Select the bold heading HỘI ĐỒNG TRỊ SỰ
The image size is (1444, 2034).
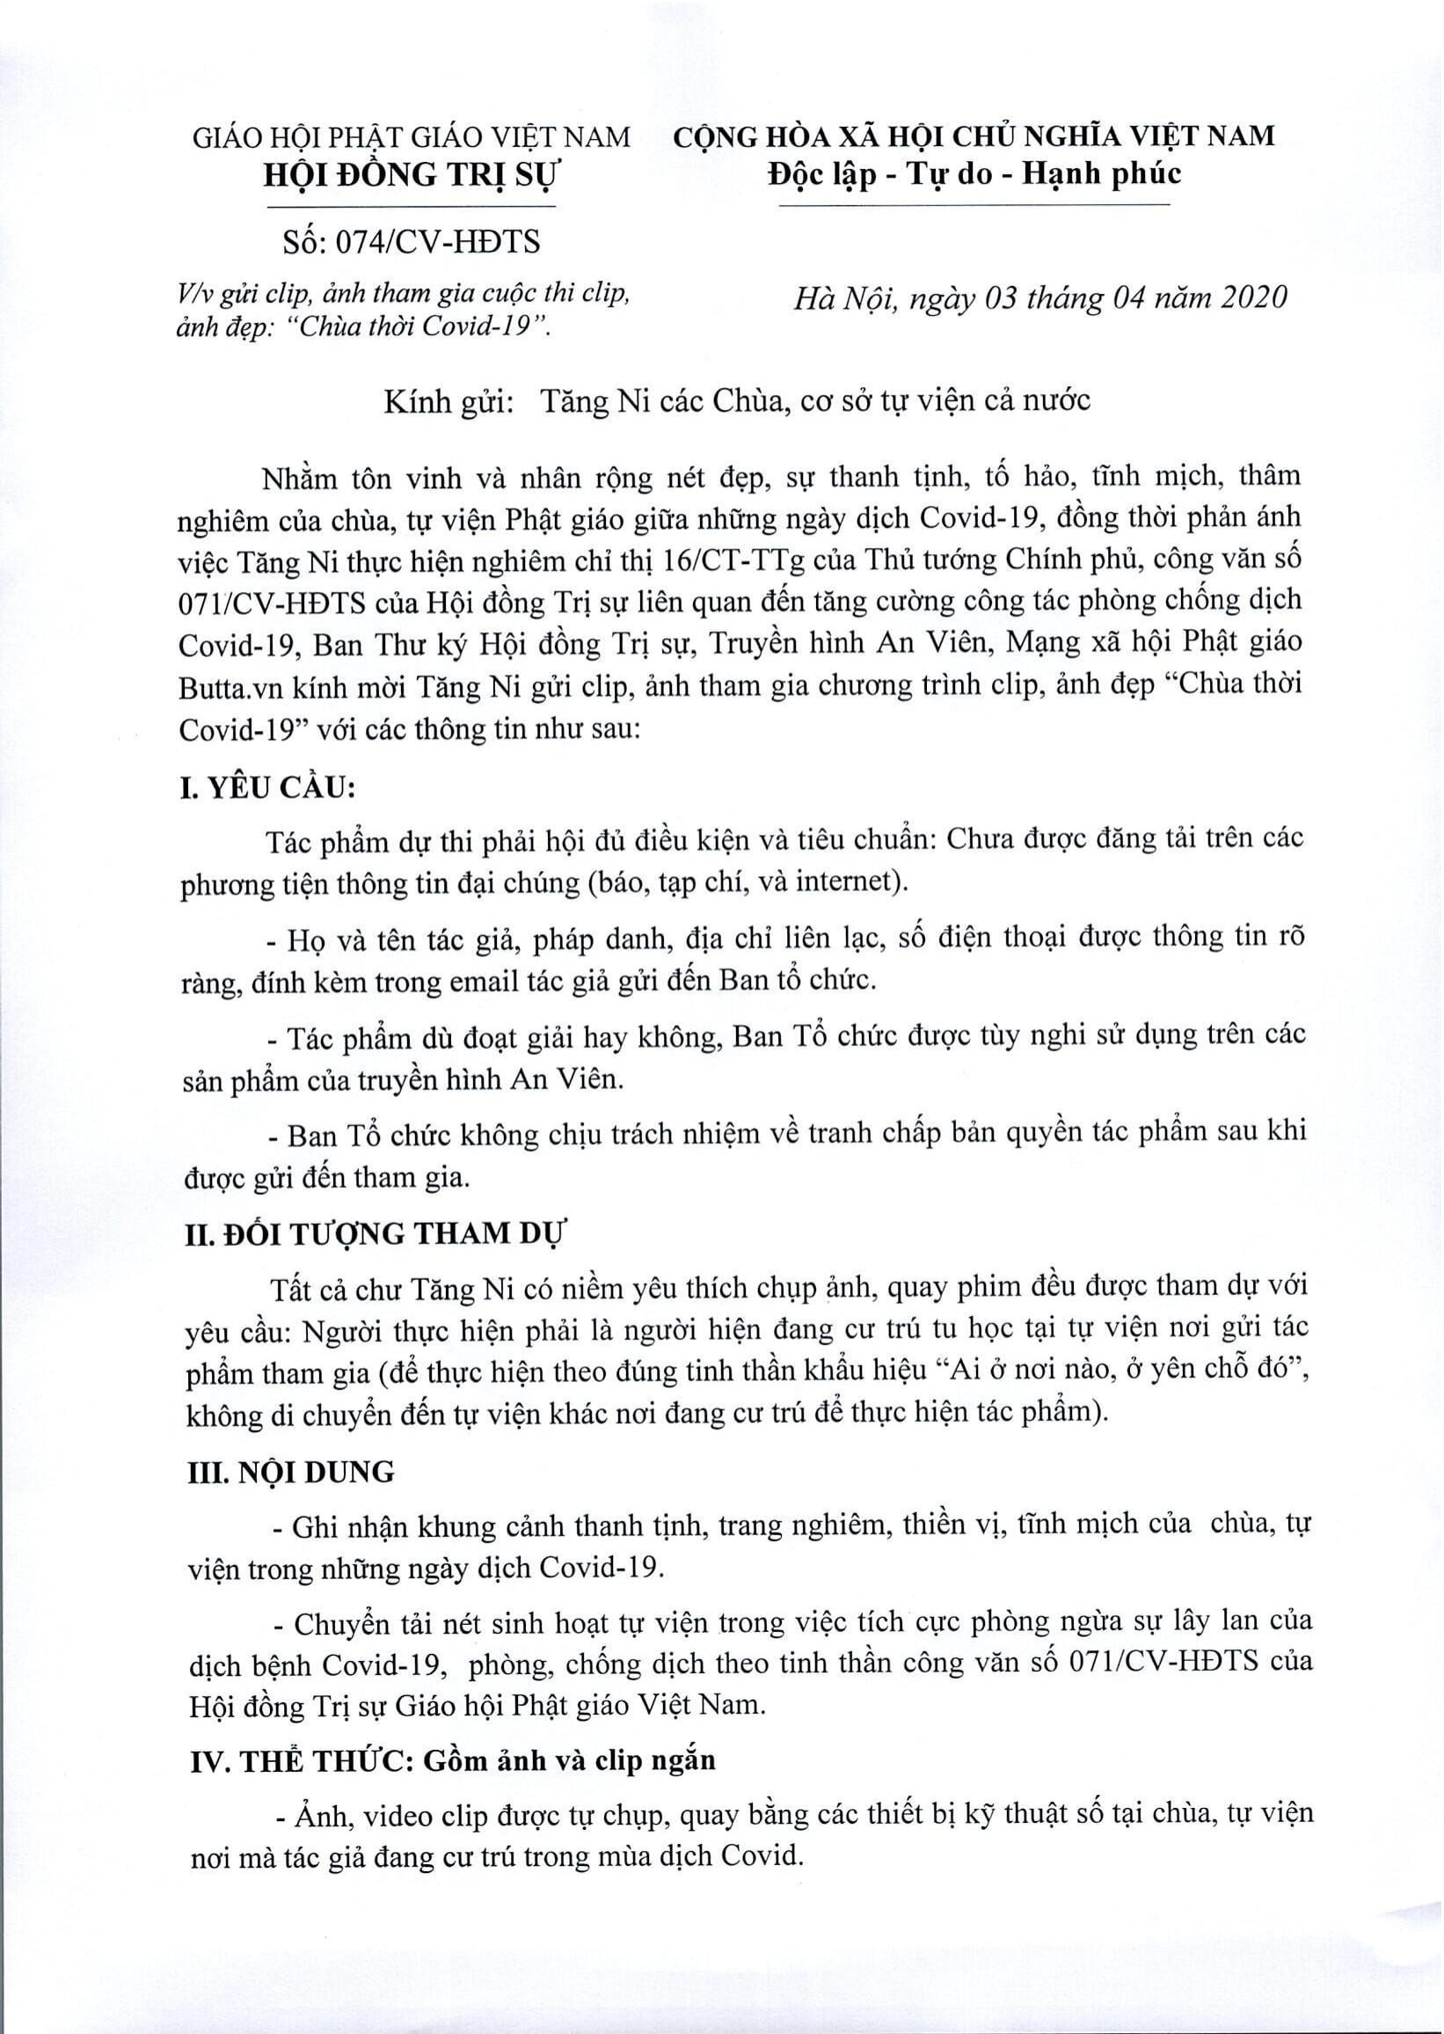[411, 176]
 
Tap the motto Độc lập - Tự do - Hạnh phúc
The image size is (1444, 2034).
[974, 173]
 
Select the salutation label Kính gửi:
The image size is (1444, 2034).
[450, 401]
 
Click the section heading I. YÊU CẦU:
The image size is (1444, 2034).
[261, 788]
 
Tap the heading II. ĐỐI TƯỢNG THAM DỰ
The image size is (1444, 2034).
[375, 1234]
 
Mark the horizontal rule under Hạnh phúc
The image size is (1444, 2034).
[974, 207]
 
